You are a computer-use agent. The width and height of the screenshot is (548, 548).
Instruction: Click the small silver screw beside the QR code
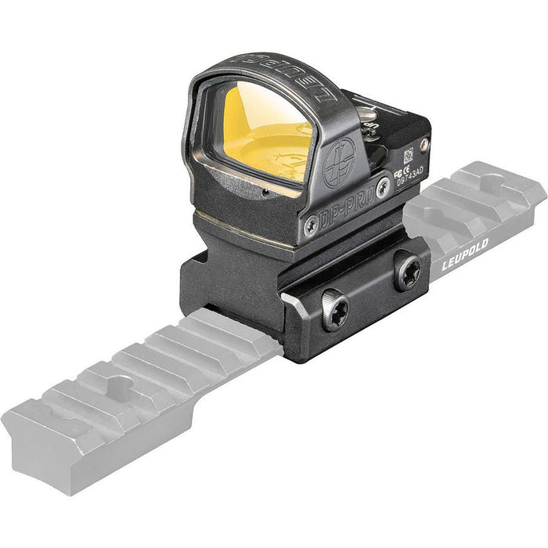[424, 144]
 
